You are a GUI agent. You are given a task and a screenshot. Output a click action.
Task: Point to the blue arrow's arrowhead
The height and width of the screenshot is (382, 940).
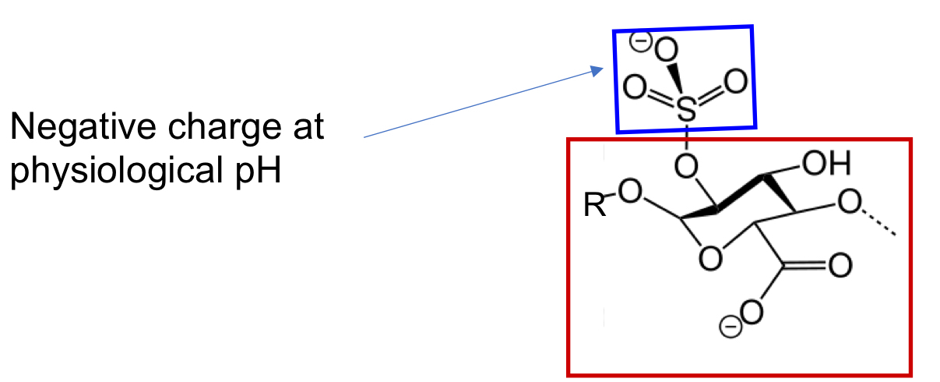(597, 71)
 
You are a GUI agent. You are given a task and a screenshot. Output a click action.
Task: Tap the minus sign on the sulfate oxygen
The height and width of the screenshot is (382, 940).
(640, 43)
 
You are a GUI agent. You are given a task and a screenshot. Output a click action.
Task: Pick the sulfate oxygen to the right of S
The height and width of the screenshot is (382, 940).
(735, 80)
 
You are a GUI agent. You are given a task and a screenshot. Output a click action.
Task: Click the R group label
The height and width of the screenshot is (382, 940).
(593, 207)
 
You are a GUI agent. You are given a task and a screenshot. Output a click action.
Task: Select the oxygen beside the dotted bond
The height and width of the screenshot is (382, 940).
(849, 205)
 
